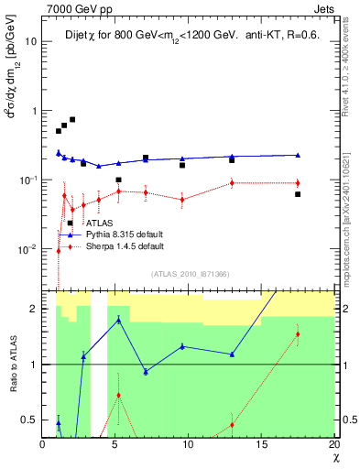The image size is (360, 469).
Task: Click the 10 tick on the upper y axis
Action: [x=31, y=41]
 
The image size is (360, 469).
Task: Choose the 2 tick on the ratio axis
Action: [x=34, y=309]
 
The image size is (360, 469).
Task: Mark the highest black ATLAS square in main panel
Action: [x=72, y=119]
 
